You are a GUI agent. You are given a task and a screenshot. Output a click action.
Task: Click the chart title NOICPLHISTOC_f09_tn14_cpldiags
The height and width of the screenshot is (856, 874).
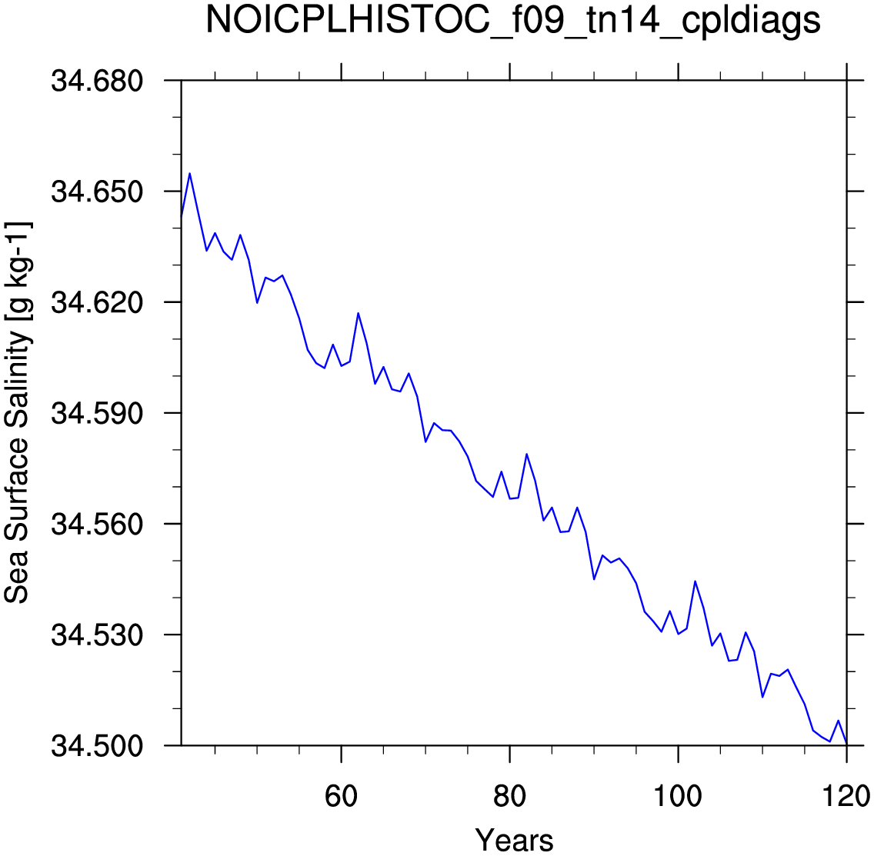pos(513,21)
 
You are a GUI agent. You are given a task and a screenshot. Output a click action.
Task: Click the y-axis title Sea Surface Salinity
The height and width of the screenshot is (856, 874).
pos(17,466)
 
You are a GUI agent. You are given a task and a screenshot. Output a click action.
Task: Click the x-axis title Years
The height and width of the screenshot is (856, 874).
pos(514,840)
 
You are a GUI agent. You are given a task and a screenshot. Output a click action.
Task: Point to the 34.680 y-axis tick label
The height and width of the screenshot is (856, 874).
pos(97,81)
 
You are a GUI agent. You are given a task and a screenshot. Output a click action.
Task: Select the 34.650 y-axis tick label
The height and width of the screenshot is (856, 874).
pos(97,192)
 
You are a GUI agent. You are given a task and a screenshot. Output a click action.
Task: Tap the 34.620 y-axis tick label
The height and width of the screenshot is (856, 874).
pos(97,302)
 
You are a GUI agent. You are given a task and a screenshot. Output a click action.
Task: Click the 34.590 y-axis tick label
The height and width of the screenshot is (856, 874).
pos(97,414)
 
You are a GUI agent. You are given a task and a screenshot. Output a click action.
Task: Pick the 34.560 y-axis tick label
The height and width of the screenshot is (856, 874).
pos(97,525)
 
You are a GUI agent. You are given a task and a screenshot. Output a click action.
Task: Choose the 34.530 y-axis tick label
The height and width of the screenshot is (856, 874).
pos(97,635)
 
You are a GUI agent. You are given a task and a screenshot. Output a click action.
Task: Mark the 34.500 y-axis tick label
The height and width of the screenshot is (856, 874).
pos(97,746)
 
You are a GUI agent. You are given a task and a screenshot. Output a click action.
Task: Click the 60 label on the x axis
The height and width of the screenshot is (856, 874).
pos(341,796)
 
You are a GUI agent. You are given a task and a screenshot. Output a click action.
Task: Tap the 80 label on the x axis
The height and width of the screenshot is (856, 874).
pos(509,796)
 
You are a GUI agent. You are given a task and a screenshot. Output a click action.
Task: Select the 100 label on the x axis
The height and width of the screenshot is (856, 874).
pos(678,796)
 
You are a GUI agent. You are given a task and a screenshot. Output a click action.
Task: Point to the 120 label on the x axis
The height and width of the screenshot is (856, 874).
pos(846,796)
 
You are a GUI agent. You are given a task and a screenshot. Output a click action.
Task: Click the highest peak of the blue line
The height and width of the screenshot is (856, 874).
pos(190,173)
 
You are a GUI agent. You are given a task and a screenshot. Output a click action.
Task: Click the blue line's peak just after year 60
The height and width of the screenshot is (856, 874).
pos(359,313)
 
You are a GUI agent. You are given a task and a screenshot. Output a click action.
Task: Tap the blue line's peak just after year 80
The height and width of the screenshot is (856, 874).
pos(527,455)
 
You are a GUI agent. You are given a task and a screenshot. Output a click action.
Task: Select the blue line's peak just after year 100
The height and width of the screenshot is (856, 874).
pos(695,581)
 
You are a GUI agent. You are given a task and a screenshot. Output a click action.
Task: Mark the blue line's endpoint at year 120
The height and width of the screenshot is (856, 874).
pos(846,744)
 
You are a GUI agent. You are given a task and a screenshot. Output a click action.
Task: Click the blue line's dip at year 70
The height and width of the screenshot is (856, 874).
pos(425,442)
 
